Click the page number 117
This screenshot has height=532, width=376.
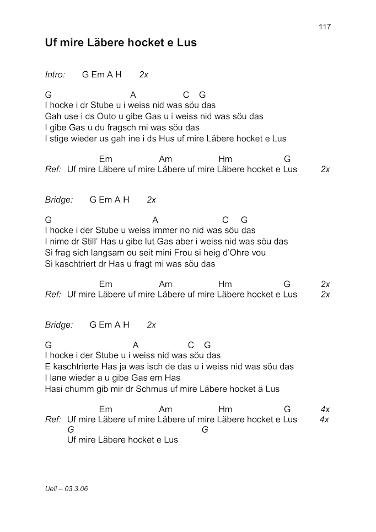click(x=325, y=27)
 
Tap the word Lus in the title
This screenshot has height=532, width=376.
click(x=186, y=42)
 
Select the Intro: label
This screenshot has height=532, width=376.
click(x=55, y=74)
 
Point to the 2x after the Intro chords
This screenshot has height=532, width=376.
click(x=144, y=74)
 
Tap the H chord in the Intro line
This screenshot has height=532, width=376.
click(x=119, y=74)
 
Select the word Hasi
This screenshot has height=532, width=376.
click(x=54, y=389)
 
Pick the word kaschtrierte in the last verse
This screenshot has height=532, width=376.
click(x=74, y=366)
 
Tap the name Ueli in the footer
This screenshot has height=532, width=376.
click(x=52, y=489)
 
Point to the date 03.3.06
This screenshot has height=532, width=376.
click(x=76, y=489)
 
